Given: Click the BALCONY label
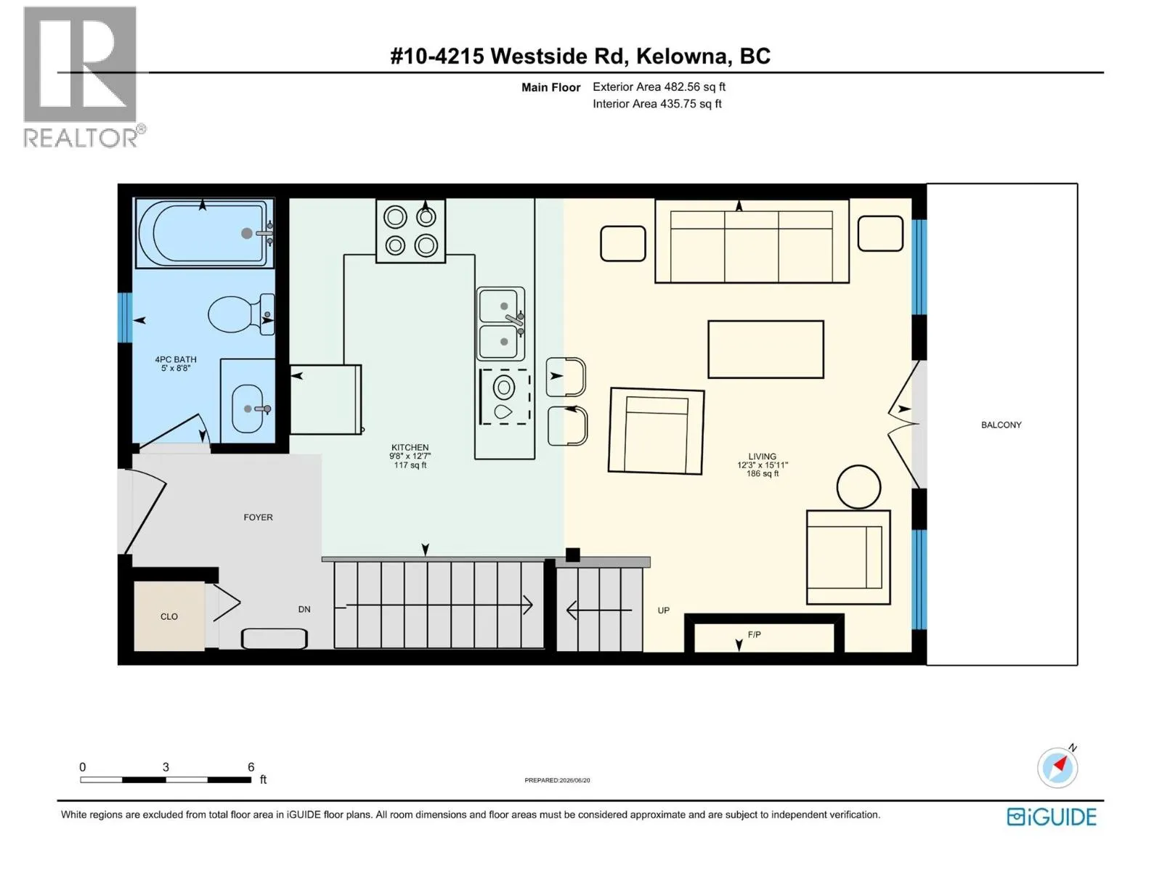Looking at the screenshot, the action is pyautogui.click(x=1001, y=425).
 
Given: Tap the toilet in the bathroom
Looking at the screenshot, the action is pyautogui.click(x=241, y=315).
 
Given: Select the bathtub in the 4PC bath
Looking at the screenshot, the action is pyautogui.click(x=205, y=232).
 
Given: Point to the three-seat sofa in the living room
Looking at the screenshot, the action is pyautogui.click(x=752, y=241).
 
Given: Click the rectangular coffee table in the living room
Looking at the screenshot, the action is pyautogui.click(x=765, y=349).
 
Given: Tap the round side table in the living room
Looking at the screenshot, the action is pyautogui.click(x=858, y=486).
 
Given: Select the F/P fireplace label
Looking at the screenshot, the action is pyautogui.click(x=755, y=634).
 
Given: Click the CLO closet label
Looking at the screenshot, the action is pyautogui.click(x=169, y=617).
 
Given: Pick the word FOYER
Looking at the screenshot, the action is pyautogui.click(x=259, y=518).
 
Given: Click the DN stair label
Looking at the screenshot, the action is pyautogui.click(x=304, y=609).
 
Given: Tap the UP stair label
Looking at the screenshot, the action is pyautogui.click(x=663, y=610).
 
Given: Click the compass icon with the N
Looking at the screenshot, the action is pyautogui.click(x=1057, y=767).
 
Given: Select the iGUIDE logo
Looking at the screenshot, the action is pyautogui.click(x=1052, y=817).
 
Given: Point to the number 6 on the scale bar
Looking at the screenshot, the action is pyautogui.click(x=251, y=766).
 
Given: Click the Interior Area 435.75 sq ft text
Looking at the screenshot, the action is pyautogui.click(x=657, y=104).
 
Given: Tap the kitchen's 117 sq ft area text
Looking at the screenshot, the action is pyautogui.click(x=410, y=465).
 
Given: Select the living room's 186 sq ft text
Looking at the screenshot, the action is pyautogui.click(x=763, y=473).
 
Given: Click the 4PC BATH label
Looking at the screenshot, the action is pyautogui.click(x=175, y=359).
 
